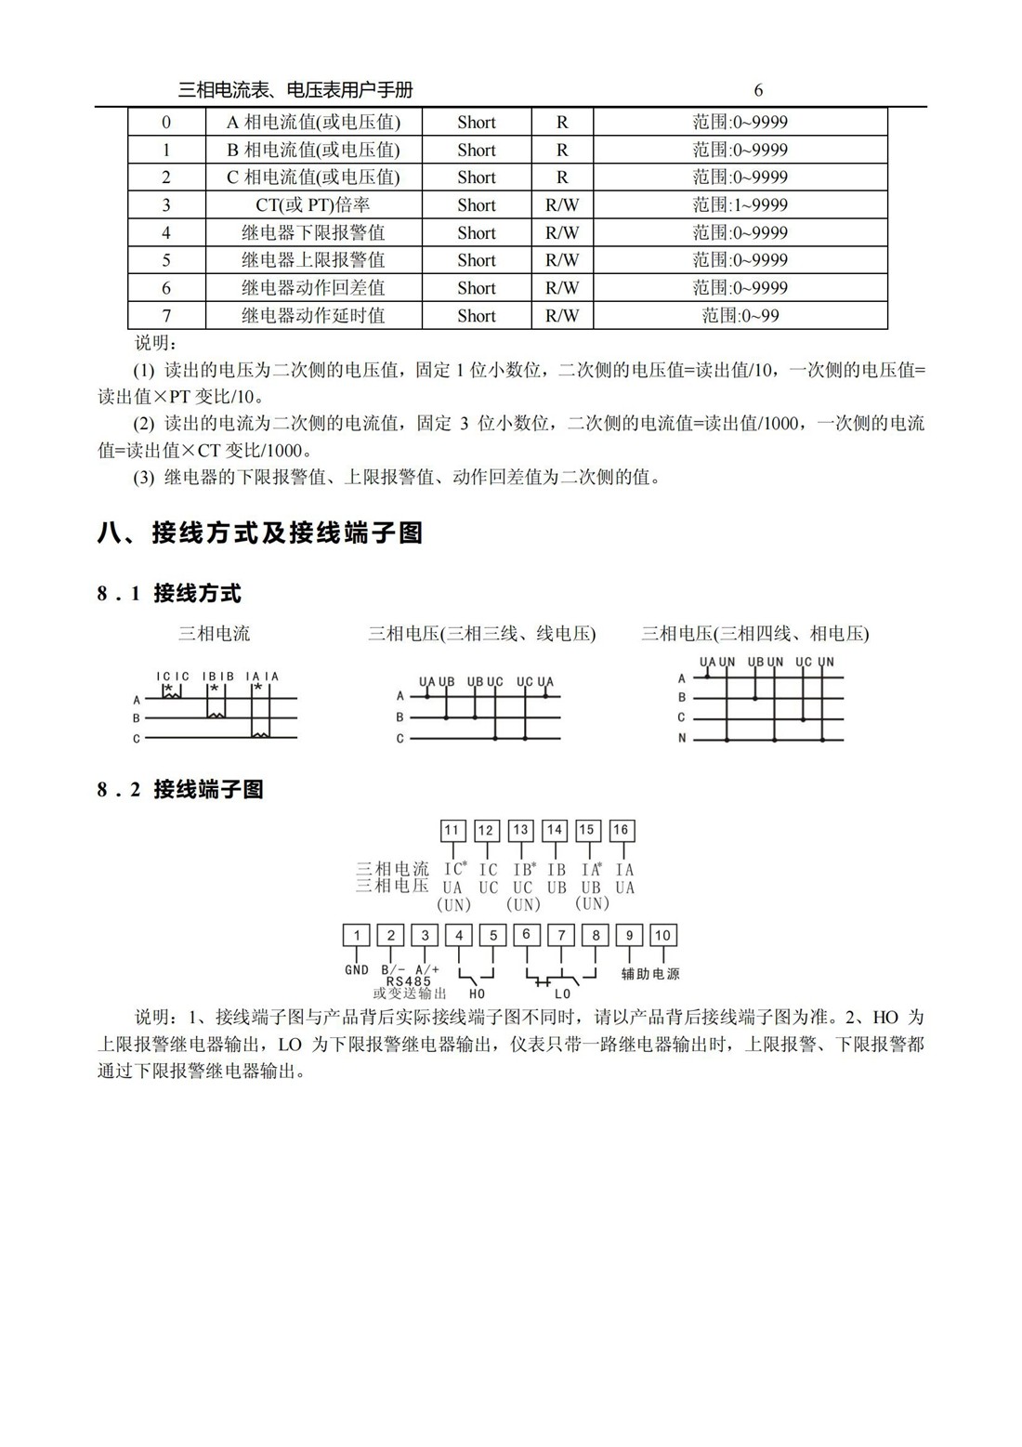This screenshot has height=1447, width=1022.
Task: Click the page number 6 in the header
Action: pos(758,90)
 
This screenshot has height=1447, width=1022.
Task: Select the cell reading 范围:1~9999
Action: pos(740,204)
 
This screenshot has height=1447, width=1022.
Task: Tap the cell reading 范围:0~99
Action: pos(740,315)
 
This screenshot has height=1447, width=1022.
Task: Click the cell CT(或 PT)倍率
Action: pos(313,204)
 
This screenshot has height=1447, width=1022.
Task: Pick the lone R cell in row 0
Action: pos(561,122)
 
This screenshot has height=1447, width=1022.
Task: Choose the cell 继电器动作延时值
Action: pos(313,315)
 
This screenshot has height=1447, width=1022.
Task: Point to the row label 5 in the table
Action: pos(166,260)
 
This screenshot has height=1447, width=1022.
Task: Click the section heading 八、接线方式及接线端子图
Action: pos(260,533)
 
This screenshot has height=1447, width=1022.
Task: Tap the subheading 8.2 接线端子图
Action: pos(180,789)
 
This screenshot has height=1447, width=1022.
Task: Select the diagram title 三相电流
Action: pos(214,634)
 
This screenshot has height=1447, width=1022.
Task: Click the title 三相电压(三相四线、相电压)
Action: pos(754,634)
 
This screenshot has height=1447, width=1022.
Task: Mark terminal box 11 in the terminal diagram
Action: pos(452,830)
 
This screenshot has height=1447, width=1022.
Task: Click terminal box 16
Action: pos(621,830)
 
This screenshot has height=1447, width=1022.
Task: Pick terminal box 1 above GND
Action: pos(357,935)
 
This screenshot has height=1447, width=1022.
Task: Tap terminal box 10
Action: pos(662,935)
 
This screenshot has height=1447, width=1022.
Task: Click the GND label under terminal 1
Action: pos(357,969)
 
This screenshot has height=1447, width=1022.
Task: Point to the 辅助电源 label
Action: pos(650,974)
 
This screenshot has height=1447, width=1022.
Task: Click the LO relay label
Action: pos(563,993)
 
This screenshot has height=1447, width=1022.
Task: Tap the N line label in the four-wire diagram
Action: pos(681,739)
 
